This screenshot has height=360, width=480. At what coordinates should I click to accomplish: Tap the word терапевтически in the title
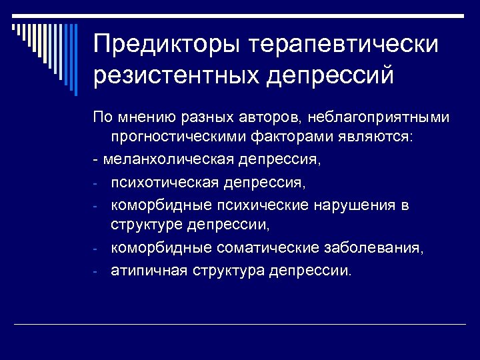pos(344,45)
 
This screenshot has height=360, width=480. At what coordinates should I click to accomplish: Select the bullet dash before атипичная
pos(96,271)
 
